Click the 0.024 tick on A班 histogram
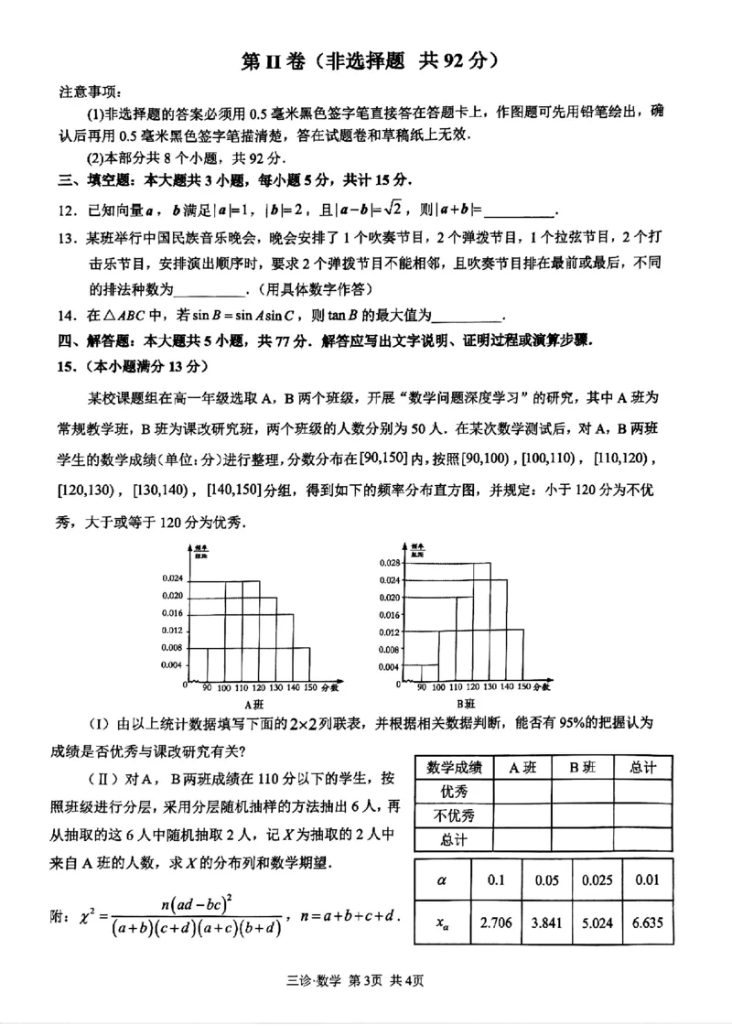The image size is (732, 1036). click(171, 578)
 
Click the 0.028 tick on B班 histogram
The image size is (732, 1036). click(390, 563)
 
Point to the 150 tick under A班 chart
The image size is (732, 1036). click(311, 685)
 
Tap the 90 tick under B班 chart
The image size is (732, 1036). click(421, 685)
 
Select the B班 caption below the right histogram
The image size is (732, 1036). click(468, 704)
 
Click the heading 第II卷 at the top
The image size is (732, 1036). click(265, 61)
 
